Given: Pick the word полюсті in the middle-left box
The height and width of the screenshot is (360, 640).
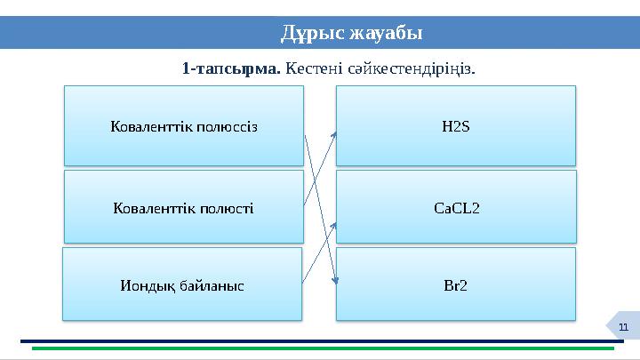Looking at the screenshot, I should click(x=221, y=208).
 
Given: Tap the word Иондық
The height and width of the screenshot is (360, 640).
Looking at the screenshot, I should click(x=148, y=286).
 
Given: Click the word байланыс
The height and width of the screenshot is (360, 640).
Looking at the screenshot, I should click(x=212, y=286).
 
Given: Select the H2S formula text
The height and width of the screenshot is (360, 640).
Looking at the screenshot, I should click(x=455, y=126).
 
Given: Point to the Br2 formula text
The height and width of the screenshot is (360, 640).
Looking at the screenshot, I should click(x=456, y=286).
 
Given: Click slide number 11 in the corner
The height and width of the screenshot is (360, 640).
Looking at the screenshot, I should click(x=623, y=330).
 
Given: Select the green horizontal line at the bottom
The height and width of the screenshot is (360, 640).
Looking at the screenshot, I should click(x=320, y=348).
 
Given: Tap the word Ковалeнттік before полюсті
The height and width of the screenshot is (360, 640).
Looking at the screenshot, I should click(x=151, y=208).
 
